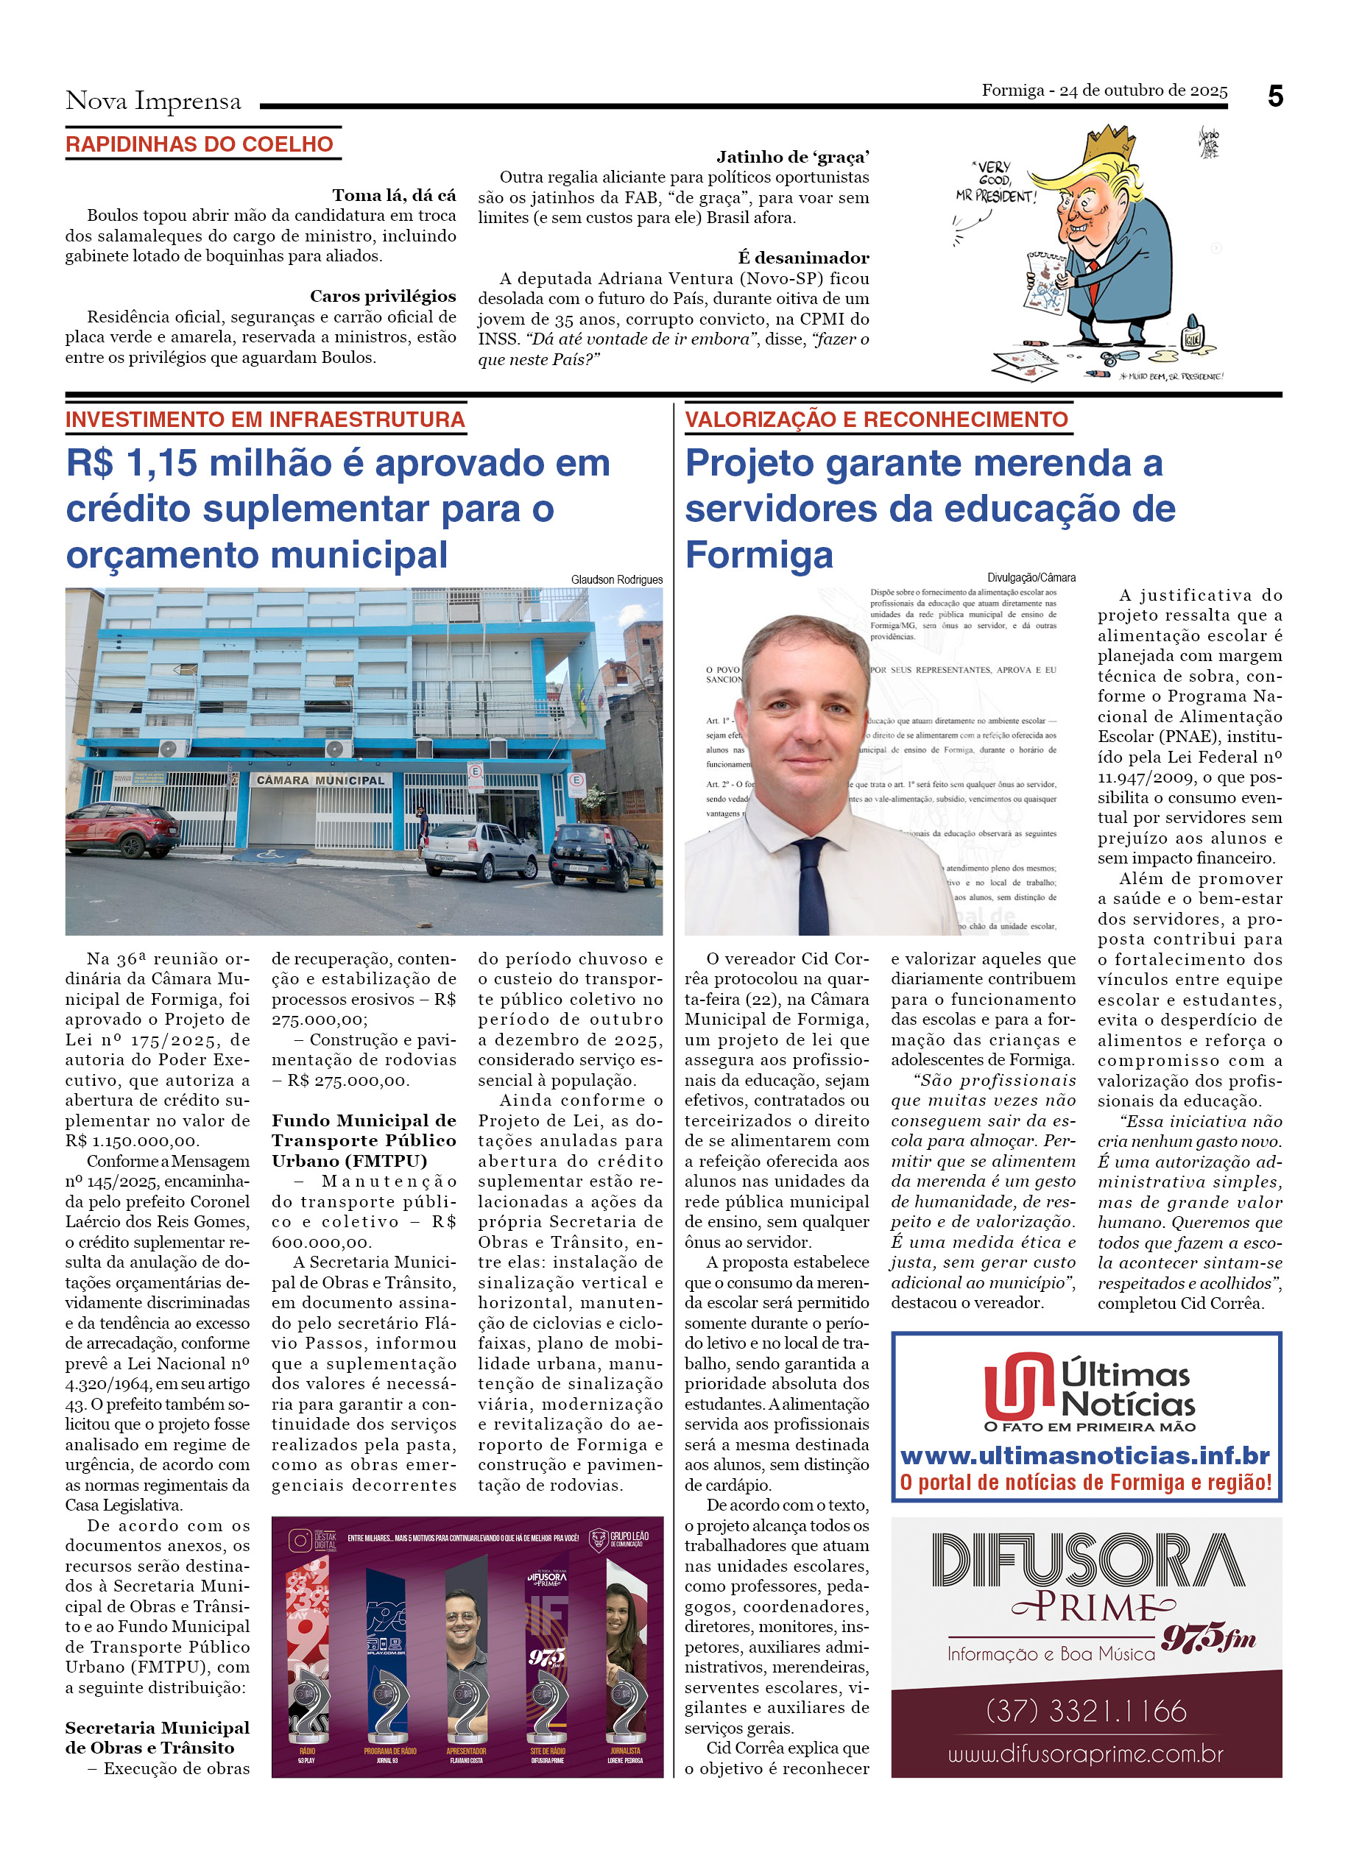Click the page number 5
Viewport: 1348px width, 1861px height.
click(x=1274, y=97)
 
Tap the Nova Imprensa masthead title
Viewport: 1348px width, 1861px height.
click(x=153, y=101)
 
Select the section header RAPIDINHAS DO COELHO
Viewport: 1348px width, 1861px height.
click(x=200, y=144)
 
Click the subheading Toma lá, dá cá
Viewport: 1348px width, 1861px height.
click(x=394, y=195)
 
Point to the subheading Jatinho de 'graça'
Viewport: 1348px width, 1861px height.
click(x=793, y=157)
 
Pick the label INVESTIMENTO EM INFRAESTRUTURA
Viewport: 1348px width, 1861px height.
click(x=265, y=420)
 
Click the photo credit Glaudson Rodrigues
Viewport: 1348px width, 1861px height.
click(x=616, y=579)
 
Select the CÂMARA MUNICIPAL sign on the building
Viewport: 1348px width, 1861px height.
click(x=320, y=780)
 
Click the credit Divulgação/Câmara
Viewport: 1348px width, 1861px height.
click(x=1031, y=578)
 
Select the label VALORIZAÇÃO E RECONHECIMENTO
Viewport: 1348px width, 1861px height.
click(x=876, y=420)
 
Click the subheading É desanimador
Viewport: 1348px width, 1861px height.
click(x=803, y=258)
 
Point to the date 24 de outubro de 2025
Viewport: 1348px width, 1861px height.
click(x=1143, y=91)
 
